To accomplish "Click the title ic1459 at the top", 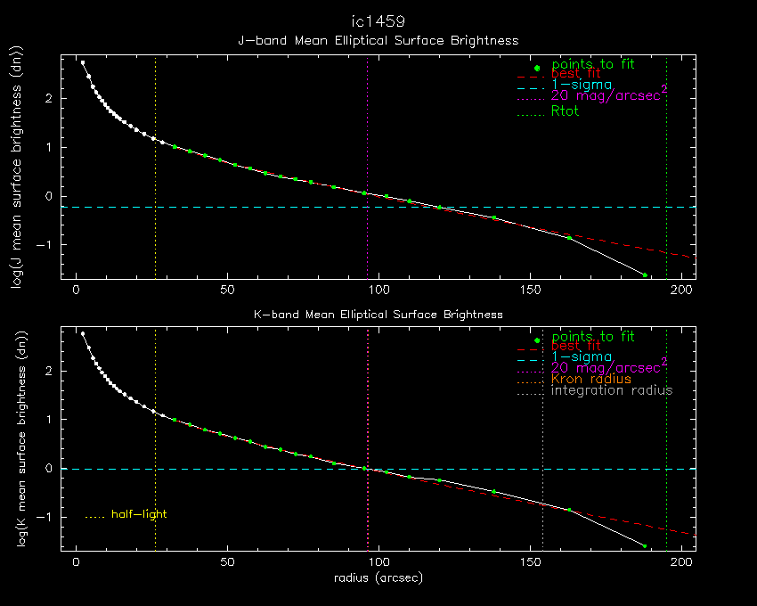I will (378, 20).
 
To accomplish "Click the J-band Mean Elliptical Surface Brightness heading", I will (378, 40).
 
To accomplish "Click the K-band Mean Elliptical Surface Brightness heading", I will (378, 314).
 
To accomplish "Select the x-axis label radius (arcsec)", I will (378, 578).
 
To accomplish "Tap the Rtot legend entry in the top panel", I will (565, 111).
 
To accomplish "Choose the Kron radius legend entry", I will (591, 379).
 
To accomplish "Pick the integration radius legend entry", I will (612, 390).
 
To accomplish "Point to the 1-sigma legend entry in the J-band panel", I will (582, 85).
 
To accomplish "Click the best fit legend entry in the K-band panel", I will (575, 346).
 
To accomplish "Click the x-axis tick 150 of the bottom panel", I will (531, 563).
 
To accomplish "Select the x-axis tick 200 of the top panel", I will (682, 291).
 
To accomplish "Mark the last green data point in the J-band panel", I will (645, 274).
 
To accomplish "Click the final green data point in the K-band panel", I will (645, 546).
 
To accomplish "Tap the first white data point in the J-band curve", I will (83, 62).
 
